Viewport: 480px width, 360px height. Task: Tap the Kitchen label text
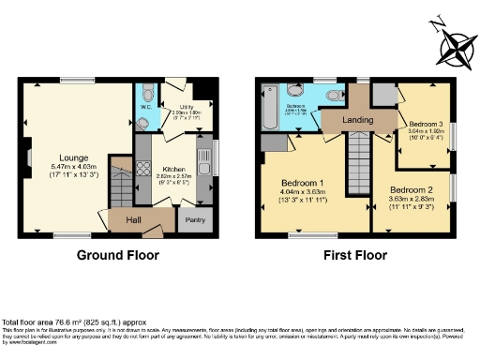[x=172, y=142]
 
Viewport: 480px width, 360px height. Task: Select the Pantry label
[x=194, y=220]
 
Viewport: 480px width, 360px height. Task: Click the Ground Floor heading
[x=117, y=255]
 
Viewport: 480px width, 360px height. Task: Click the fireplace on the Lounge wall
[x=28, y=157]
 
